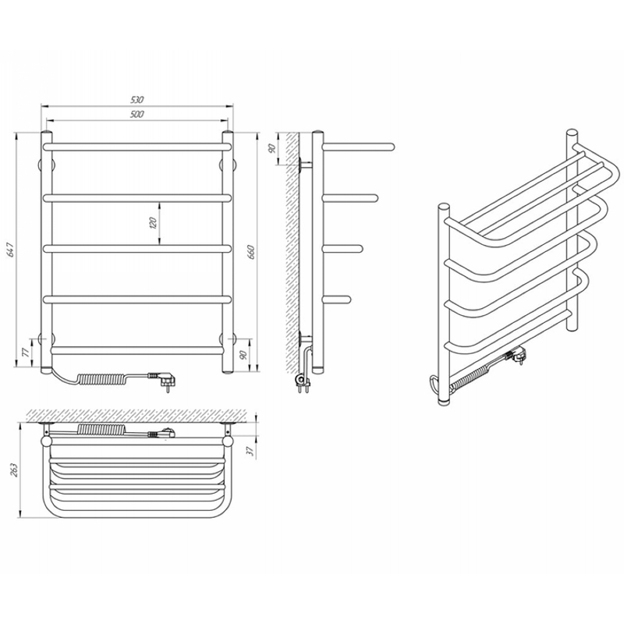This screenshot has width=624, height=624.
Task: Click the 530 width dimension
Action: click(136, 100)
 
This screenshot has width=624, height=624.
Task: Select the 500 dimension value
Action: click(136, 114)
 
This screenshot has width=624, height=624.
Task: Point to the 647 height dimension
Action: click(11, 249)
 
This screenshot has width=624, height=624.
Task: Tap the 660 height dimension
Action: click(250, 252)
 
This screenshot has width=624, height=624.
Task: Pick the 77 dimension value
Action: click(27, 353)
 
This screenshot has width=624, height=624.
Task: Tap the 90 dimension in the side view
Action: click(272, 149)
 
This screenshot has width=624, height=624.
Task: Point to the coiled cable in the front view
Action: click(103, 378)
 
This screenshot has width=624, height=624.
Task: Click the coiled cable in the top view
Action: click(102, 429)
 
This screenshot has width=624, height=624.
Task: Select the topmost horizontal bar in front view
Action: click(137, 147)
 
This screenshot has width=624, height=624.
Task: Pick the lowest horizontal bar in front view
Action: click(137, 350)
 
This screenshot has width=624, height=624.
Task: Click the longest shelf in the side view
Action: click(358, 147)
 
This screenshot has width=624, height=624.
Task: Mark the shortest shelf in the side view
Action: click(337, 300)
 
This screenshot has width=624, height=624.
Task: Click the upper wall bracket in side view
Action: click(305, 164)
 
